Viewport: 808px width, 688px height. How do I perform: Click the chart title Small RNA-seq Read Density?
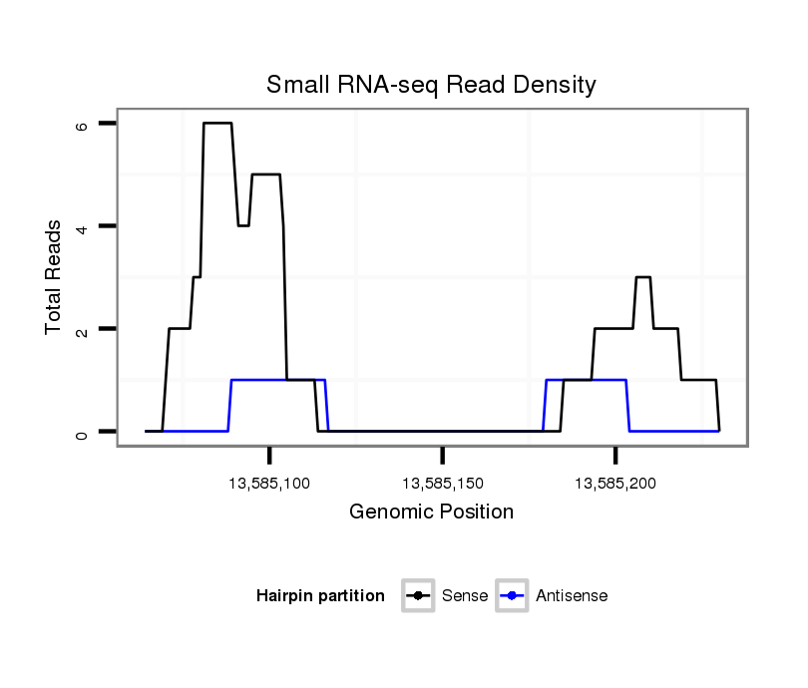point(431,85)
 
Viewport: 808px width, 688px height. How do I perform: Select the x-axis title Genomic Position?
point(431,513)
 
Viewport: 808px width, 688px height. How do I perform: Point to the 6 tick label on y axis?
point(82,124)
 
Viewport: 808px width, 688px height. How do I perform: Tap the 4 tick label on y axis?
point(82,226)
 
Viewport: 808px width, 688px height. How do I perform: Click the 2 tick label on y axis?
point(82,329)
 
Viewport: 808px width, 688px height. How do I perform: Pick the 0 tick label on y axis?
point(82,432)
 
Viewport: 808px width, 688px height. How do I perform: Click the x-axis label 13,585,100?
point(269,484)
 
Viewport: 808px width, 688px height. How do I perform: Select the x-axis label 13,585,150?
point(442,484)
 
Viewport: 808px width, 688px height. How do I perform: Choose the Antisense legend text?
point(572,596)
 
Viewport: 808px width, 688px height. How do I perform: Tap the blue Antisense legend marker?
point(512,596)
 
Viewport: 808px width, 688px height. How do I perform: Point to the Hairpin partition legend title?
point(320,596)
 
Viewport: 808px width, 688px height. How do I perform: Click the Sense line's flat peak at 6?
point(217,124)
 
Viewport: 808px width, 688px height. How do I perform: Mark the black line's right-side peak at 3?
point(643,277)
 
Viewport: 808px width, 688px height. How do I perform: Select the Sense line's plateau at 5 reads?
point(265,174)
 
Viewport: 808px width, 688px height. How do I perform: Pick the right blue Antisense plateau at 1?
point(589,380)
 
